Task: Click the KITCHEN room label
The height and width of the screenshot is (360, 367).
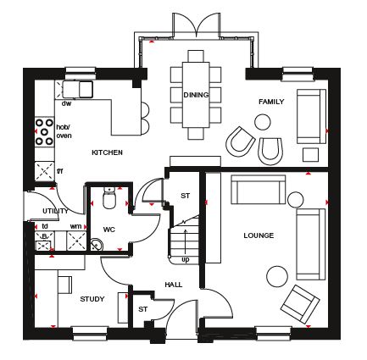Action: coord(107,152)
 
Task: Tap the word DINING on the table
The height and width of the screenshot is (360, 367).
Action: coord(196,95)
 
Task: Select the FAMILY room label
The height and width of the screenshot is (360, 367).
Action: coord(271,102)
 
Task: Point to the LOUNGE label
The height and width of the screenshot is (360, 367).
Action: coord(259,235)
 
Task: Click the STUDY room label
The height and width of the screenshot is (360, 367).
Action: coord(92,299)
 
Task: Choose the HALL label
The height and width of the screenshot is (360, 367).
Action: coord(174,285)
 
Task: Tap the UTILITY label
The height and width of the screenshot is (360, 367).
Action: coord(55,211)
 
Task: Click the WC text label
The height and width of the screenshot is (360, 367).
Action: coord(109,230)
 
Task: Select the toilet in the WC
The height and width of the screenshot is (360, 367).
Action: coord(109,197)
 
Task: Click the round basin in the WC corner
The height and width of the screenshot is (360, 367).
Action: coord(97,244)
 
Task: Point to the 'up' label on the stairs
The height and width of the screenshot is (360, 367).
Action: coord(186,259)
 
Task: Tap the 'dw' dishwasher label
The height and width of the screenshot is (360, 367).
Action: coord(66,103)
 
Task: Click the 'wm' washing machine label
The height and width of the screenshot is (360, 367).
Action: coord(75,226)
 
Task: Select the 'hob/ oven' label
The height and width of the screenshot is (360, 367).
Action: coord(64,131)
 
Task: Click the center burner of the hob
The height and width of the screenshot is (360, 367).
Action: coord(44,131)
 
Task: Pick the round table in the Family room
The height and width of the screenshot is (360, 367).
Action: coord(263,122)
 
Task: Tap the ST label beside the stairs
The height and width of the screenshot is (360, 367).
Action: coord(186,196)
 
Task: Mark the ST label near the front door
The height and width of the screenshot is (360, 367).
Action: coord(143,309)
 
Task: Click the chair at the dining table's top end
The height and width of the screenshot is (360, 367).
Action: coord(196,56)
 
